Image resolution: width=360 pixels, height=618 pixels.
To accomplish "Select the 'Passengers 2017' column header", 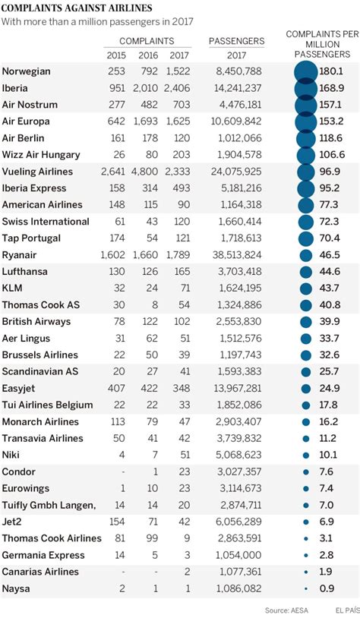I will tap(236, 48).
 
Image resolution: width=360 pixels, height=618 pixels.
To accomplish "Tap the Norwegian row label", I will tap(27, 71).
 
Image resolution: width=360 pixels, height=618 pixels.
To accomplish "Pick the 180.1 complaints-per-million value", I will tap(332, 71).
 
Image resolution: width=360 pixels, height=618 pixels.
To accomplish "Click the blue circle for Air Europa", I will tap(306, 121).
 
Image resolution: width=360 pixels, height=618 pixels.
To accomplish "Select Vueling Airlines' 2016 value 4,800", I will tap(147, 172).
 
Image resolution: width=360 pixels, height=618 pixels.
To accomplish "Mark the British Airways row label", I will tap(36, 322).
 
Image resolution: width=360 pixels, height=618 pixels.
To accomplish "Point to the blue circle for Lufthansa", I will tap(306, 272).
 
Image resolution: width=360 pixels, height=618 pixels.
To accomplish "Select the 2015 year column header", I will tap(116, 55).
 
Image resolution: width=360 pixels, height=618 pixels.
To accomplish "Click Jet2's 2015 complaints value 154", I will tap(116, 522).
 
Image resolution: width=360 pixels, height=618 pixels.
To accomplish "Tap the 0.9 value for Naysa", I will tap(327, 588).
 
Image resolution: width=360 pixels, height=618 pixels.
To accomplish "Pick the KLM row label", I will tap(13, 289).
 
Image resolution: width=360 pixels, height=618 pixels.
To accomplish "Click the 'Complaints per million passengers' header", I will tap(322, 45).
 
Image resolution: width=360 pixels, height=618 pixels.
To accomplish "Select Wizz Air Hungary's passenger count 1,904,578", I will tap(238, 155).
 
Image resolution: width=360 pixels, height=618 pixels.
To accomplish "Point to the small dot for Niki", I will tap(306, 456).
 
